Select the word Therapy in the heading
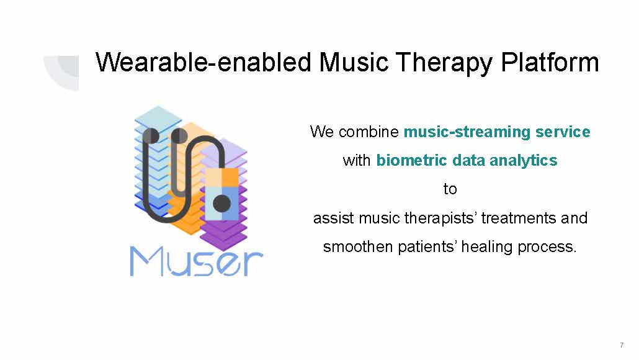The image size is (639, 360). coord(444,63)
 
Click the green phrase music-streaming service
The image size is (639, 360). coord(497,132)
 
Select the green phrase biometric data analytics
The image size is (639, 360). coord(467,160)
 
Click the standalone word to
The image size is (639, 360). coord(450,189)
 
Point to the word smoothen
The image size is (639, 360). coord(357,246)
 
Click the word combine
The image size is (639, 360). coord(369,132)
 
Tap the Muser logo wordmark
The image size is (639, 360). coord(197,262)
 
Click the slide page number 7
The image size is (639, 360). coord(622,345)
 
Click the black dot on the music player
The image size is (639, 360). coord(222,203)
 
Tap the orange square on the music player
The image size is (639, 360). coord(230,177)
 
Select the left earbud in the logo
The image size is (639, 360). coord(151,136)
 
